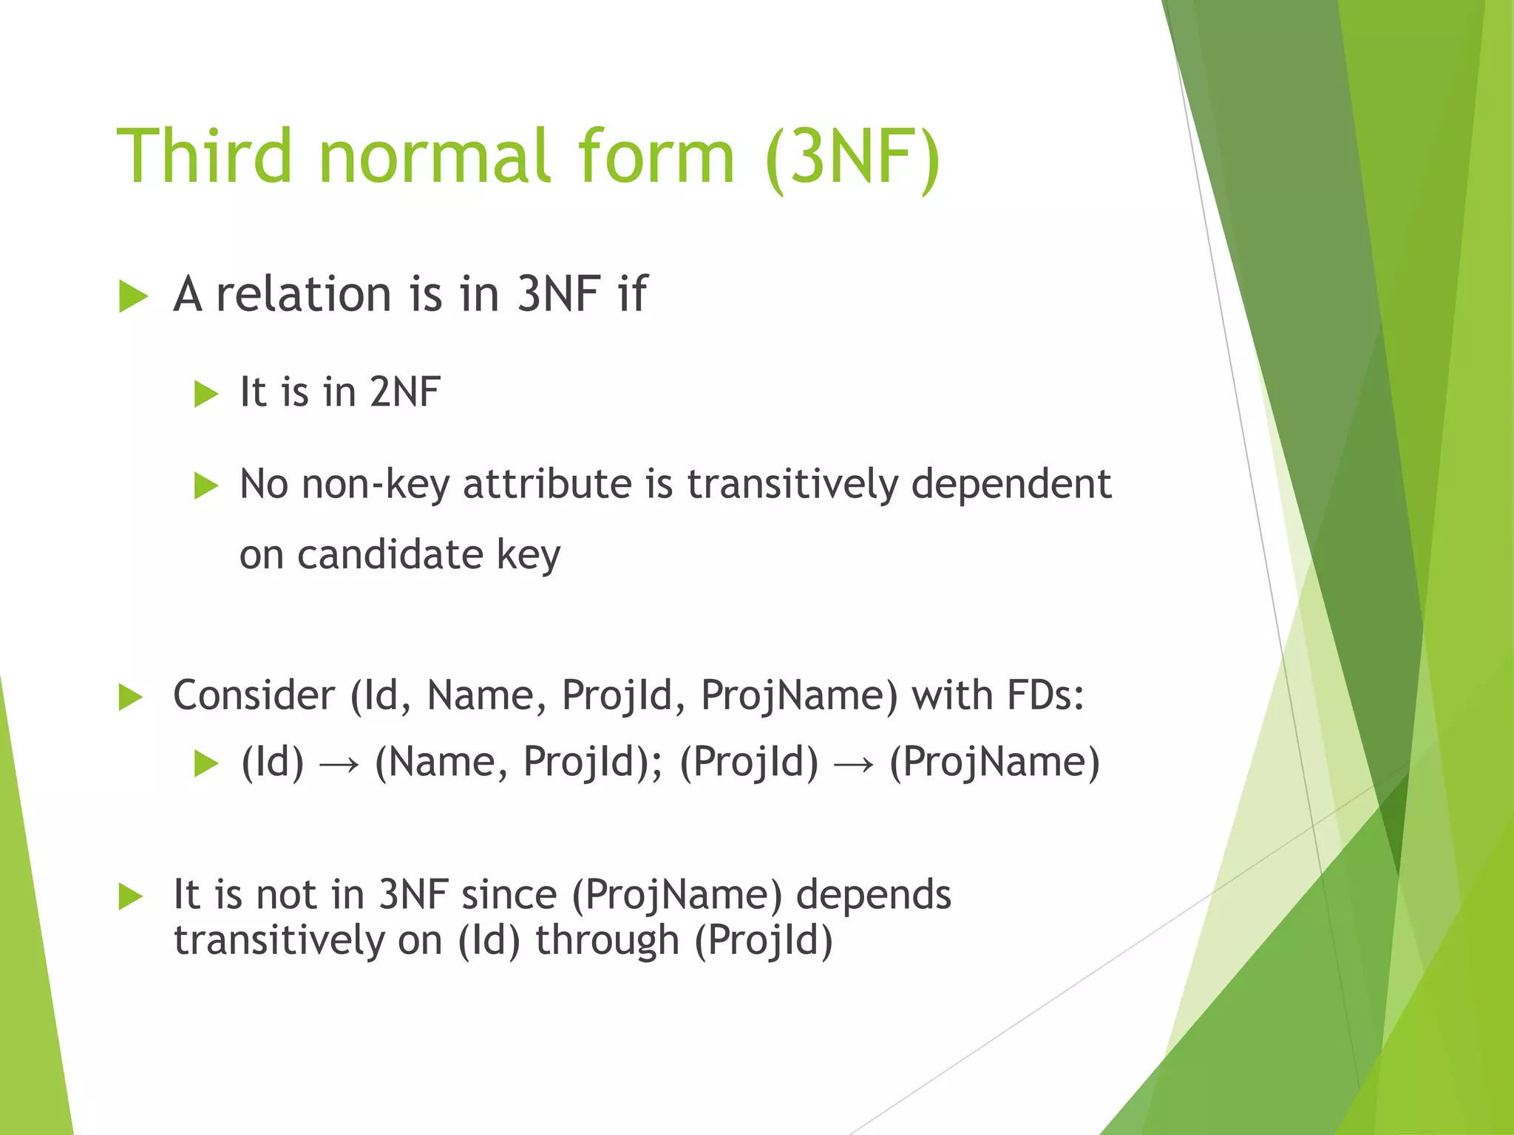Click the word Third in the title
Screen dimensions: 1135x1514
click(x=205, y=156)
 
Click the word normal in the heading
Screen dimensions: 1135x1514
click(x=435, y=156)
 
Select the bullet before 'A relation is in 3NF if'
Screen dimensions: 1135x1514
click(x=133, y=297)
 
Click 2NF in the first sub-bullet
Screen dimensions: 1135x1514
click(x=405, y=392)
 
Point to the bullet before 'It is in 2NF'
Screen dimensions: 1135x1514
click(x=206, y=394)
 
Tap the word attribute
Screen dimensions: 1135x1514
click(x=547, y=485)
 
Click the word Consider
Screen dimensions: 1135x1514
click(x=254, y=695)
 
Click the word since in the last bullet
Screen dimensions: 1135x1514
click(x=509, y=895)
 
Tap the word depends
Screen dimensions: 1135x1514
click(x=873, y=895)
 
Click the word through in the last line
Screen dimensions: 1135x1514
click(x=607, y=941)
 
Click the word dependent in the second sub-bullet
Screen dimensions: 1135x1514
click(x=1011, y=485)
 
